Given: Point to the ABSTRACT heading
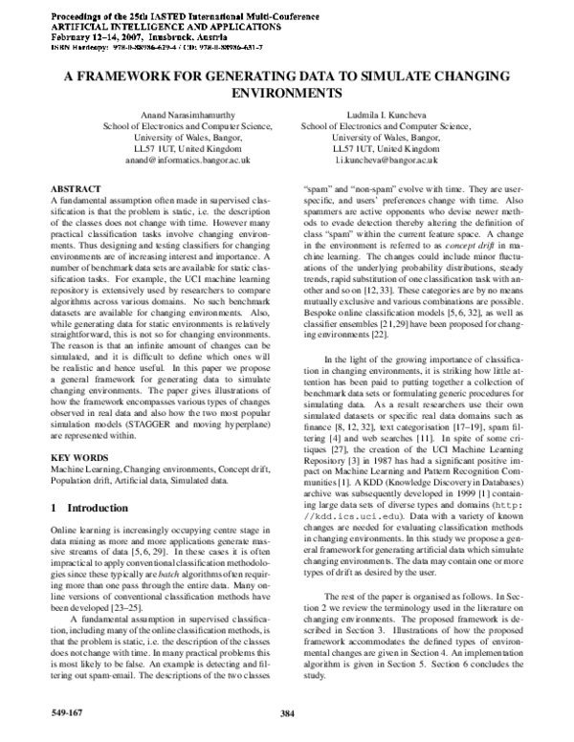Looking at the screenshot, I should pos(76,191).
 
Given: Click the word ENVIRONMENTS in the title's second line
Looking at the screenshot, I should pos(287,96).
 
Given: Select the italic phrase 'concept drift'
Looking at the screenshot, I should pos(475,246).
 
